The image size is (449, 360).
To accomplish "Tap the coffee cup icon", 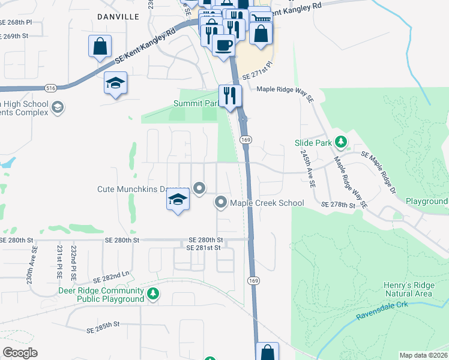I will coord(223,45).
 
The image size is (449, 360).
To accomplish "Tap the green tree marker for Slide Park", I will coord(341,142).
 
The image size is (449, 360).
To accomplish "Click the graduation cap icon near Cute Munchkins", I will coord(178,199).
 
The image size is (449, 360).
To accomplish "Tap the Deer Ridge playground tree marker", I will coord(154,293).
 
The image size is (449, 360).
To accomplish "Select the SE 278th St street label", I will coord(339,205).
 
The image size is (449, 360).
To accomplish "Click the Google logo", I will coord(20,353).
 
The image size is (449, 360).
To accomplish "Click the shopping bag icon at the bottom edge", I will coord(267,352).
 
